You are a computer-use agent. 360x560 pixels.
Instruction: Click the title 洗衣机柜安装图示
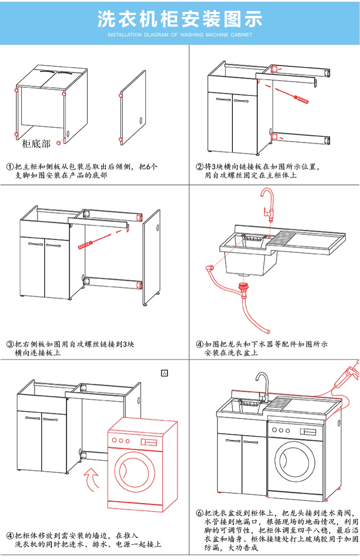click(180, 19)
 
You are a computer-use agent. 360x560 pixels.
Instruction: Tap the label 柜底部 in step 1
click(36, 144)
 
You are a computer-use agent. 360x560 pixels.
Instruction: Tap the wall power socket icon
click(165, 373)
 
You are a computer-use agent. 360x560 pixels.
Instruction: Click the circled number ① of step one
click(10, 167)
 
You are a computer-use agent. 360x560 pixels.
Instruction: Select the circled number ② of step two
click(200, 167)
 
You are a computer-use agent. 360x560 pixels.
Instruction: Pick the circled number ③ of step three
click(10, 344)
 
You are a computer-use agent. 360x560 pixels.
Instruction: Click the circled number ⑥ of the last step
click(200, 513)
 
